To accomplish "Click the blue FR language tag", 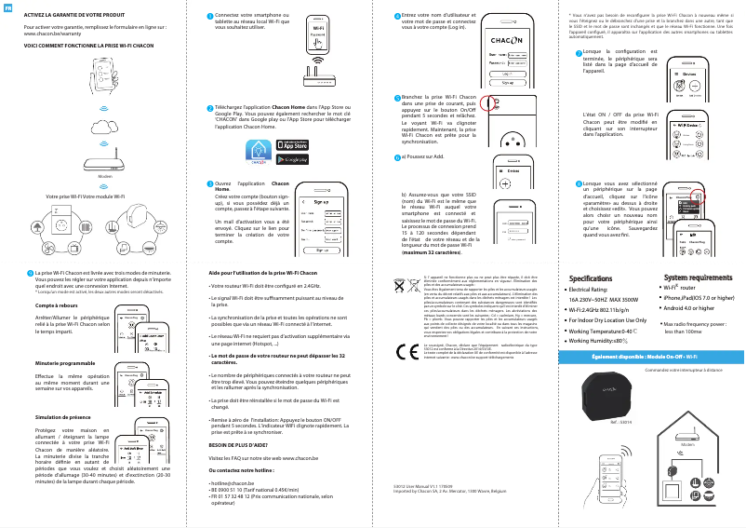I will (8, 8).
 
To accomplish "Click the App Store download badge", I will (293, 144).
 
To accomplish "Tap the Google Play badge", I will (293, 158).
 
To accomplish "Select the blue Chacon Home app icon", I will (259, 152).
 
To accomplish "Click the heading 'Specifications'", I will (595, 278).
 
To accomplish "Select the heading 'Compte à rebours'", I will (55, 305).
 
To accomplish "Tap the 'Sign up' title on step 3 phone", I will (321, 202).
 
